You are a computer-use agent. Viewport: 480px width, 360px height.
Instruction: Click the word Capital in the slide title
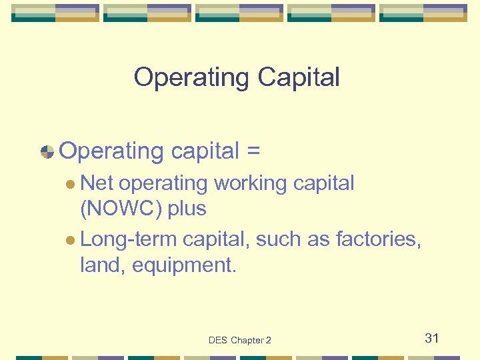click(298, 77)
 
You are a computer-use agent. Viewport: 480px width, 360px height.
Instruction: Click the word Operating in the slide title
click(192, 77)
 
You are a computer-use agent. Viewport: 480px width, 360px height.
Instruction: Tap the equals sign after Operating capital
click(253, 151)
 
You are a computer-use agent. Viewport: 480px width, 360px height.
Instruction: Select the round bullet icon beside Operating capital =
click(47, 151)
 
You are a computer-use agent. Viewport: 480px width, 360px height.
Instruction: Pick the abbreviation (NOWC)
click(121, 209)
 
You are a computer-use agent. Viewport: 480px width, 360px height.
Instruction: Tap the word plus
click(187, 209)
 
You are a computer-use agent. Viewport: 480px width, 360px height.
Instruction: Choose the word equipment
click(184, 265)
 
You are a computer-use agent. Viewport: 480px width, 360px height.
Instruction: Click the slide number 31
click(432, 338)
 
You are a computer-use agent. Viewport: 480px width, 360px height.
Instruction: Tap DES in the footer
click(218, 340)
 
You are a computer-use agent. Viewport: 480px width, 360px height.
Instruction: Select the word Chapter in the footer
click(247, 340)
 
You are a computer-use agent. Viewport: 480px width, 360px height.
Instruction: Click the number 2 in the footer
click(269, 340)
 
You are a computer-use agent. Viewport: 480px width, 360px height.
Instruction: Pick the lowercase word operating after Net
click(163, 183)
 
